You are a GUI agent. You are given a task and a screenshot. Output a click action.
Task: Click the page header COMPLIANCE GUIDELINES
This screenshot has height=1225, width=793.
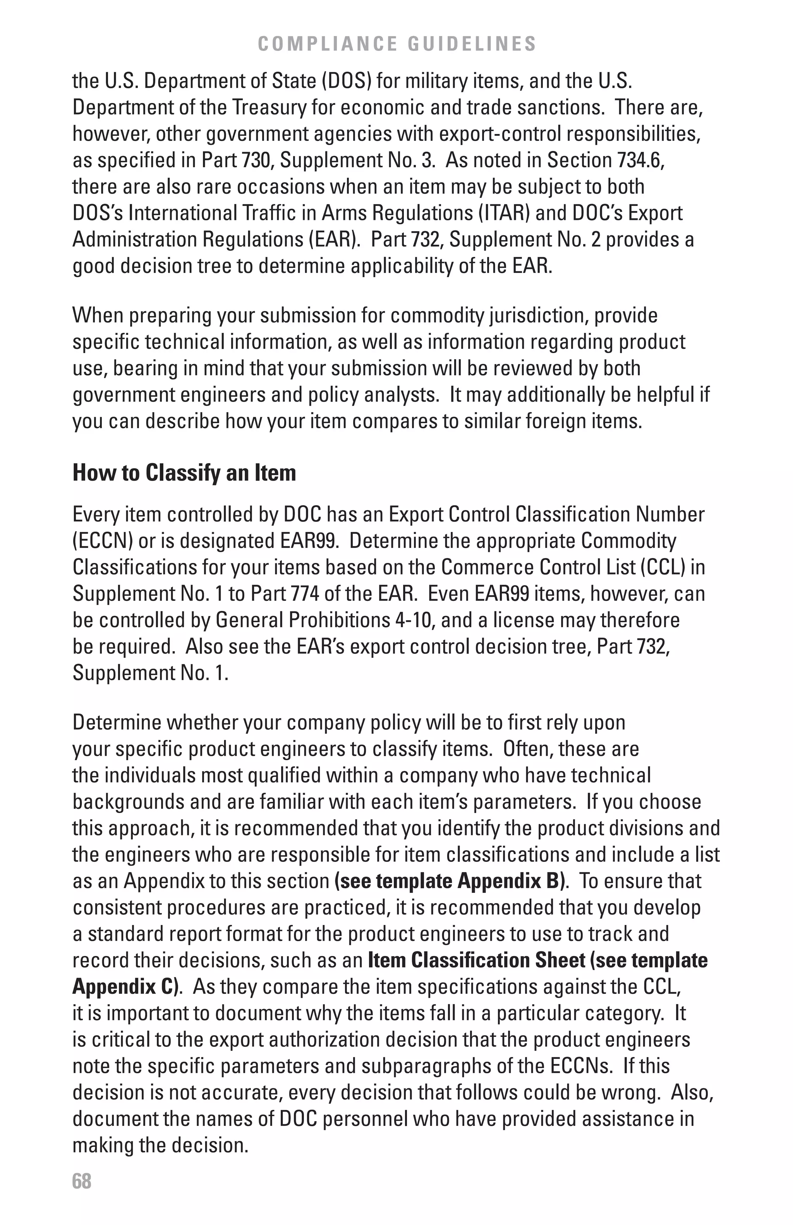tap(396, 44)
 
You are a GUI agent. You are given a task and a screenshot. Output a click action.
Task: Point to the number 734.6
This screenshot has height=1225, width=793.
tap(640, 160)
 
